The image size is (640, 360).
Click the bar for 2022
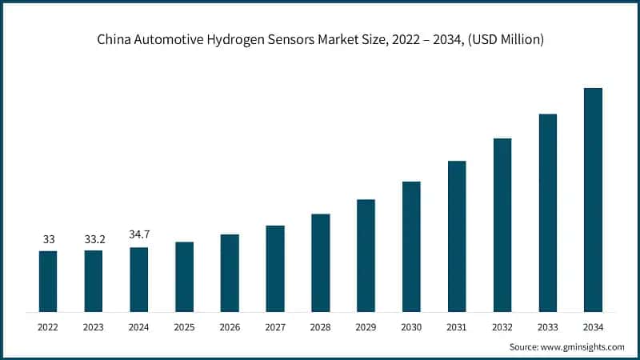48,281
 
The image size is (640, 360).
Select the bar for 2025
184,276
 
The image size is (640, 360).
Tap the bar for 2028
321,262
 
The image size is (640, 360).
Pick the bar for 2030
411,246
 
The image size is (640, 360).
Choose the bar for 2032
502,225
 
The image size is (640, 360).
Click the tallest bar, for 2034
593,199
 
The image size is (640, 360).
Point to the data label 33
48,239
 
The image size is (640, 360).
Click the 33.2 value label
94,239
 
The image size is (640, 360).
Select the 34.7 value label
139,234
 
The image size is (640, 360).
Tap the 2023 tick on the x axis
94,327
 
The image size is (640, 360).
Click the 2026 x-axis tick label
230,327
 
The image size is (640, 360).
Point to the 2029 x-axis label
366,327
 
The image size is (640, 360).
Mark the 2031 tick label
457,327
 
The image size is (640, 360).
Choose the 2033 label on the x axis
547,327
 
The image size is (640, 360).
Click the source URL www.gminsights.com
583,347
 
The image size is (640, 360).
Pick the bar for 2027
275,268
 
